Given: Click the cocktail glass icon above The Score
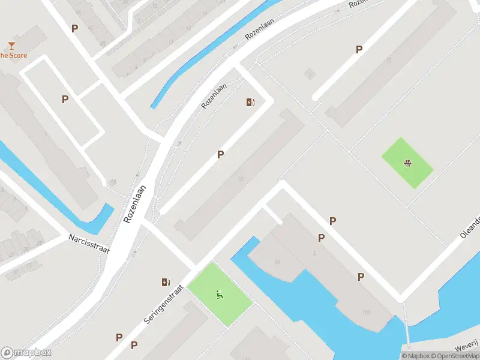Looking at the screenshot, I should click(11, 45).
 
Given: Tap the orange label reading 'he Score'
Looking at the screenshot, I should click(13, 56).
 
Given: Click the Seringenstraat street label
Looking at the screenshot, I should click(163, 304).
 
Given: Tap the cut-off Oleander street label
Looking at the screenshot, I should click(470, 227).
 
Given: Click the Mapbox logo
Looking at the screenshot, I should click(26, 352).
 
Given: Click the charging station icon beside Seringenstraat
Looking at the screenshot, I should click(166, 282).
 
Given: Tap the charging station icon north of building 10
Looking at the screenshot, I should click(251, 102).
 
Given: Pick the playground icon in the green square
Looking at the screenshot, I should click(220, 294).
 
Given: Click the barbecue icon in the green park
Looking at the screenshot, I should click(408, 163).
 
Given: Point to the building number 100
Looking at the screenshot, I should click(366, 313).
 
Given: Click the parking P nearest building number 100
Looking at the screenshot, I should click(361, 277).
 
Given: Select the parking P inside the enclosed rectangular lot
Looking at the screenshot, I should click(65, 99).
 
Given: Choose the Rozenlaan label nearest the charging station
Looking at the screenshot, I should click(214, 96).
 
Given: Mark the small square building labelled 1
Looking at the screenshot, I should click(309, 74).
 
